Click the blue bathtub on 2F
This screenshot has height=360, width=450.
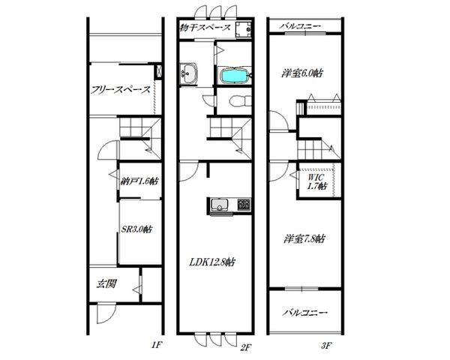[234, 76]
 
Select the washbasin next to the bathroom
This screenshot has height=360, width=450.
[188, 73]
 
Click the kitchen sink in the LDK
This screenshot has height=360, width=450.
[220, 205]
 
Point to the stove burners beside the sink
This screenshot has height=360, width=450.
[244, 204]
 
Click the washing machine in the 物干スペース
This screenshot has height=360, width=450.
[243, 29]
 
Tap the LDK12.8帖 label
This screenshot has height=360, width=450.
[211, 262]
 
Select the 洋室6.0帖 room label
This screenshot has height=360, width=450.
[301, 73]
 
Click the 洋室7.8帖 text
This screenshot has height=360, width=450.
[304, 238]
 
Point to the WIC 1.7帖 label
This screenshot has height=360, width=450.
[316, 181]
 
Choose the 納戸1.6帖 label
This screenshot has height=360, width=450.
[139, 181]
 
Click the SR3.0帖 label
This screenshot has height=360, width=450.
[136, 229]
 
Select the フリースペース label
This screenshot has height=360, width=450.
[121, 90]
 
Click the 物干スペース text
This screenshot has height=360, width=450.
[205, 28]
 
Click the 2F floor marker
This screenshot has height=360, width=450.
[246, 348]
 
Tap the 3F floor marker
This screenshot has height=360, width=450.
[326, 345]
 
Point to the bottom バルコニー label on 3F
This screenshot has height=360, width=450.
[304, 312]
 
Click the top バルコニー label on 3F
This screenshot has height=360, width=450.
[300, 27]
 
